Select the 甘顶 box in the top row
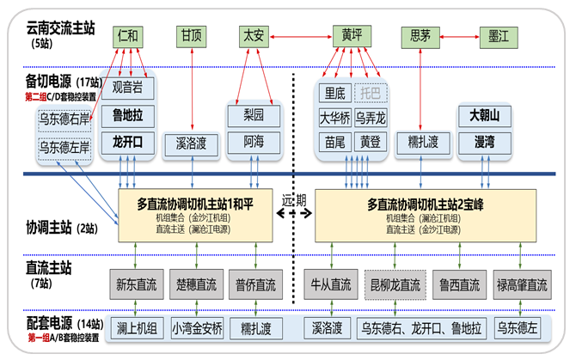[x=190, y=36]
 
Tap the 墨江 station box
[x=498, y=36]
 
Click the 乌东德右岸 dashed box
[x=65, y=120]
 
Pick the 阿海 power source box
[x=254, y=141]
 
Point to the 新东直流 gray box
[x=138, y=284]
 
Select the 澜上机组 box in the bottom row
[x=138, y=327]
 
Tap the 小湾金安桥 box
[x=197, y=327]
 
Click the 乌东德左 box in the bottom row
[x=522, y=327]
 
